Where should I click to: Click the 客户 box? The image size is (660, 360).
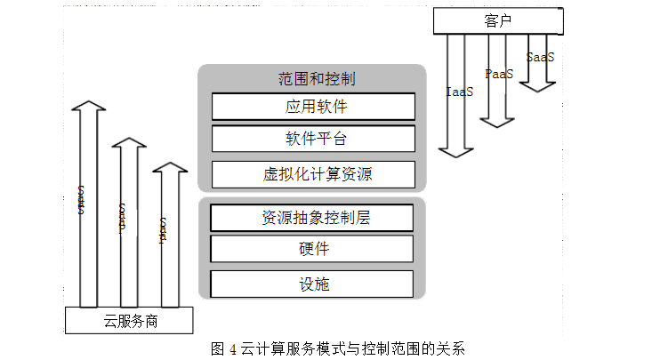pyautogui.click(x=499, y=21)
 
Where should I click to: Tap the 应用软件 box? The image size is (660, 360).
pyautogui.click(x=313, y=107)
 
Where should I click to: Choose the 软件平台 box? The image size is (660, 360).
pyautogui.click(x=313, y=140)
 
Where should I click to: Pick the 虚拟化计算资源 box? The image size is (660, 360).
pyautogui.click(x=313, y=174)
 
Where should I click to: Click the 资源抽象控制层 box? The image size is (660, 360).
pyautogui.click(x=312, y=218)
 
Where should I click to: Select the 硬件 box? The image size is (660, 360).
pyautogui.click(x=312, y=250)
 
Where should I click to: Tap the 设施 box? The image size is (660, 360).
pyautogui.click(x=312, y=284)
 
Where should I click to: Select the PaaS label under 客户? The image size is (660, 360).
pyautogui.click(x=499, y=75)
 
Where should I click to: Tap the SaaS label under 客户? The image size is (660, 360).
pyautogui.click(x=540, y=58)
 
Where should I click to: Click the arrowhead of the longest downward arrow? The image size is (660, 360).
pyautogui.click(x=459, y=149)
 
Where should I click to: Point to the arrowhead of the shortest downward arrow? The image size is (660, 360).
pyautogui.click(x=538, y=86)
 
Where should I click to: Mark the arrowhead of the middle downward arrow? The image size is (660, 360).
pyautogui.click(x=497, y=117)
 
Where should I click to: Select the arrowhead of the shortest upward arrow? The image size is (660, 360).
pyautogui.click(x=169, y=170)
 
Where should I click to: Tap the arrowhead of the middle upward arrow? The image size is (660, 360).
pyautogui.click(x=129, y=145)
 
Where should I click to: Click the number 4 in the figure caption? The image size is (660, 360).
pyautogui.click(x=231, y=348)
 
